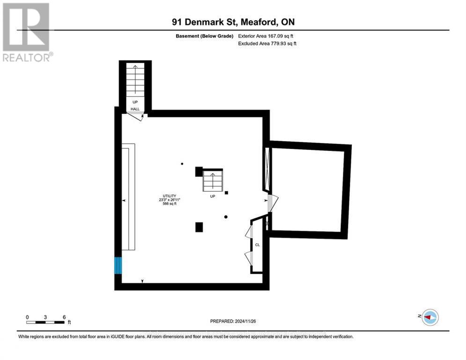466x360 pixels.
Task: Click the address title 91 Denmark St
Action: [x=233, y=22]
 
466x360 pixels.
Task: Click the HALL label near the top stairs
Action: [x=135, y=109]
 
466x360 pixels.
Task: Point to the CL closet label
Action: [x=257, y=244]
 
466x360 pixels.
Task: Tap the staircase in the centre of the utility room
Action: [x=212, y=180]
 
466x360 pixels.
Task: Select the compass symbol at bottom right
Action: [x=429, y=317]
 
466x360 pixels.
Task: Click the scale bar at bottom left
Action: [x=45, y=322]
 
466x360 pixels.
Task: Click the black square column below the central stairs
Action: [x=199, y=227]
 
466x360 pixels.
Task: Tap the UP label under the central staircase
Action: [x=212, y=196]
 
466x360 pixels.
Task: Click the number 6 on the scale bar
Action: [x=63, y=317]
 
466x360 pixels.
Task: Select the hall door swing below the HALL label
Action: [x=135, y=116]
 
